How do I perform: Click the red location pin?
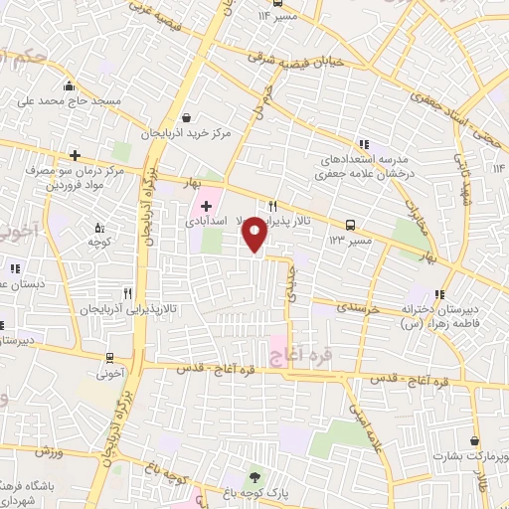pyautogui.click(x=254, y=234)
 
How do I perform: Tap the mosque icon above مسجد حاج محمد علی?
pyautogui.click(x=67, y=85)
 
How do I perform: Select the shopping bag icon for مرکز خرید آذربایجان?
pyautogui.click(x=186, y=117)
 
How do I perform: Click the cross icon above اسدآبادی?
pyautogui.click(x=206, y=206)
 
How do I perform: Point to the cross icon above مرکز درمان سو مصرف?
pyautogui.click(x=76, y=155)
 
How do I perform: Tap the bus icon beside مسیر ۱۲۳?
pyautogui.click(x=350, y=225)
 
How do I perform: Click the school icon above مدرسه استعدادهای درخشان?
pyautogui.click(x=364, y=143)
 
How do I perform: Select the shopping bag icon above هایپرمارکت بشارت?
pyautogui.click(x=475, y=440)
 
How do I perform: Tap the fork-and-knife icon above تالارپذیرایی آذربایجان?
pyautogui.click(x=127, y=294)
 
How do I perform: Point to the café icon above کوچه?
pyautogui.click(x=97, y=226)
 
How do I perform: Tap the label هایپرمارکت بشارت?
pyautogui.click(x=466, y=457)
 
